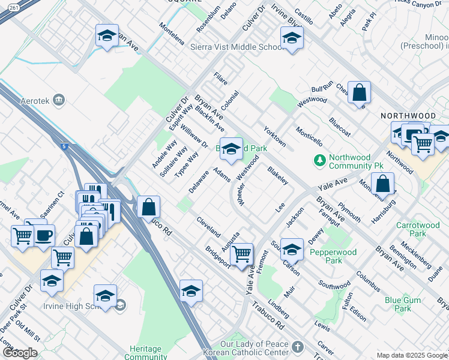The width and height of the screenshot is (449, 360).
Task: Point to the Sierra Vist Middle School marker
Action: (x=292, y=38)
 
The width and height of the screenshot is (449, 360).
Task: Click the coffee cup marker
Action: (x=43, y=235)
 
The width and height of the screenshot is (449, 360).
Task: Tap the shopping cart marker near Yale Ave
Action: (x=241, y=253)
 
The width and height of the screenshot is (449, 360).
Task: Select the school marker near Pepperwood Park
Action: (x=292, y=248)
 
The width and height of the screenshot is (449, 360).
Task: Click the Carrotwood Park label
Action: (x=418, y=230)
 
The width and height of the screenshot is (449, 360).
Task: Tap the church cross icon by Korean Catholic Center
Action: (x=298, y=347)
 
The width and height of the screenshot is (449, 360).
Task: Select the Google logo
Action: (x=19, y=353)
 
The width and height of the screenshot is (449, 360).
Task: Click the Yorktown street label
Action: (x=275, y=136)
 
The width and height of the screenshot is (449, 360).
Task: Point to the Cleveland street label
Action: (x=208, y=226)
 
